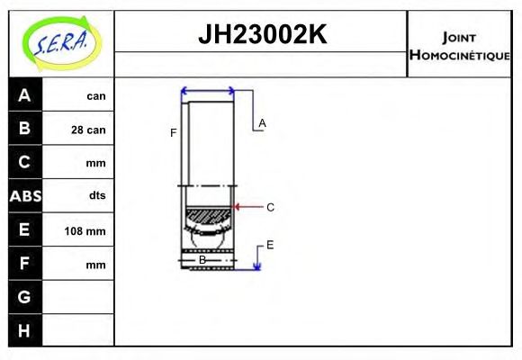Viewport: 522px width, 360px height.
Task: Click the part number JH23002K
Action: click(x=261, y=35)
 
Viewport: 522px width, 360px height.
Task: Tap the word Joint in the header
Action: click(x=459, y=37)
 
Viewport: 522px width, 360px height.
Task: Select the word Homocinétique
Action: click(x=459, y=55)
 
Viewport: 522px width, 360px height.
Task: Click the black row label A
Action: click(x=24, y=95)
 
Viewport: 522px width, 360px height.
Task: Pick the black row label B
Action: click(x=24, y=129)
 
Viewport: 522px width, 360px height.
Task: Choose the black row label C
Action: click(x=24, y=163)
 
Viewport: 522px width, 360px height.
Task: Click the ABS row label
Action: click(x=24, y=196)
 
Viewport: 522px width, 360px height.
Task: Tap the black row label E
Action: click(x=24, y=230)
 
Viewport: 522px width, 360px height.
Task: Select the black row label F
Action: click(x=24, y=265)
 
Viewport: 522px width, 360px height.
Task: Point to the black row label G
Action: click(x=24, y=297)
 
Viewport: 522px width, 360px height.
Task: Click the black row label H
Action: click(x=24, y=330)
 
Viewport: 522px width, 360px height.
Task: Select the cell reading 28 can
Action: click(x=88, y=130)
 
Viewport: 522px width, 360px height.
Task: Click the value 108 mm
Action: click(x=86, y=231)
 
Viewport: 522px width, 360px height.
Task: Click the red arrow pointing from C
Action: click(x=247, y=207)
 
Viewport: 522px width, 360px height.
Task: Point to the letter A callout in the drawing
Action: click(x=262, y=122)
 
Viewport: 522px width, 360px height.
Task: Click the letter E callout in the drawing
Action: click(x=269, y=245)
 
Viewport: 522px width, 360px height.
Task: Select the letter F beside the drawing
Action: click(x=174, y=133)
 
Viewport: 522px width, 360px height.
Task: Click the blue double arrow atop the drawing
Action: click(x=208, y=91)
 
